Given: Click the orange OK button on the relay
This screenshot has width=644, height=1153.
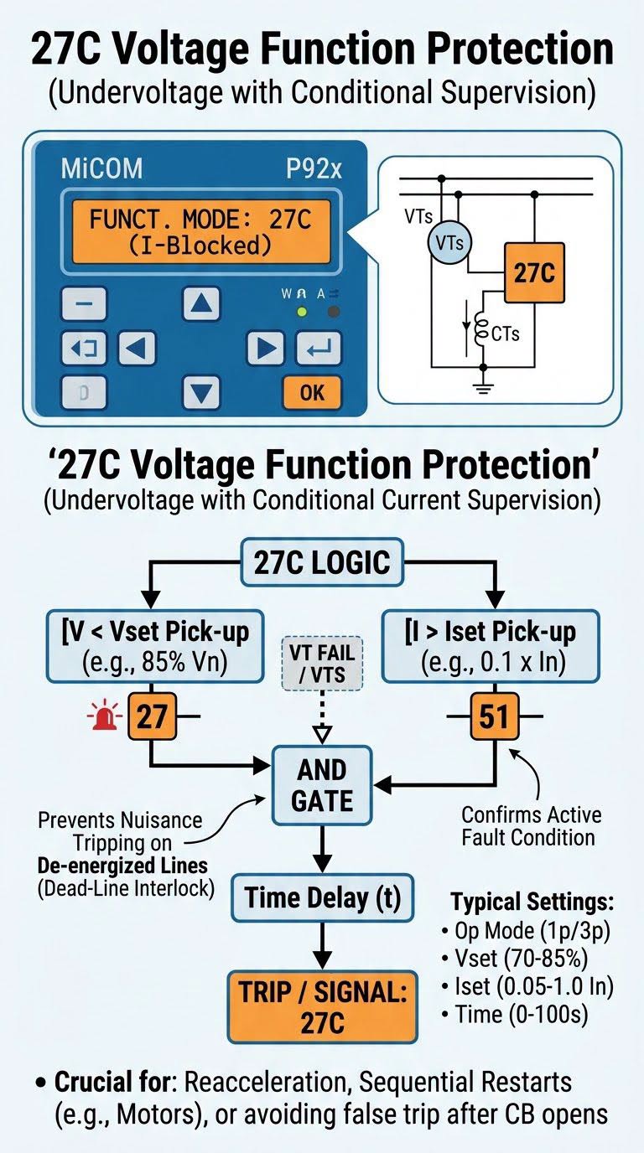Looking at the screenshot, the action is [x=312, y=393].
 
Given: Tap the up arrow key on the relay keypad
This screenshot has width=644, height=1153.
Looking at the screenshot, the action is [x=201, y=303].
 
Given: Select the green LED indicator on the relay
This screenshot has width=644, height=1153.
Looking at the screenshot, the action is [x=302, y=312].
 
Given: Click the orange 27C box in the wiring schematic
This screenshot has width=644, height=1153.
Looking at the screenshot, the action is [x=534, y=272].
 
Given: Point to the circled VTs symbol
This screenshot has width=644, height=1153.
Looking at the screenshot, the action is [x=449, y=242].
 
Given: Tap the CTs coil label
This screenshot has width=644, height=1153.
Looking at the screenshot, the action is [x=505, y=334].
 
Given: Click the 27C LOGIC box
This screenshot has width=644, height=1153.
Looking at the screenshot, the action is [x=322, y=562].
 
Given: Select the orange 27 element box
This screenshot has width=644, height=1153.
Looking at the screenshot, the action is [x=152, y=716].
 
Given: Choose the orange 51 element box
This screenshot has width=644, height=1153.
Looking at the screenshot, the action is [x=494, y=716].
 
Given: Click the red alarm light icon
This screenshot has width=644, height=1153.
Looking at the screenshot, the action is [x=105, y=715].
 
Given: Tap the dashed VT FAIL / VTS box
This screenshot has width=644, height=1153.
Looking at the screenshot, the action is [x=322, y=664].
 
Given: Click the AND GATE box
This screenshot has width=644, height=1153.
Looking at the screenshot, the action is [x=322, y=785].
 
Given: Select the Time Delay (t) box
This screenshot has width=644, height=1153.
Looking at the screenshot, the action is [x=323, y=897].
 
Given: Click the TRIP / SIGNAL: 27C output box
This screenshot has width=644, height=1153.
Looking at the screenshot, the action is [x=323, y=1007].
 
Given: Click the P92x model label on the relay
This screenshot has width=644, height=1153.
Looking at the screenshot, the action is [x=314, y=168].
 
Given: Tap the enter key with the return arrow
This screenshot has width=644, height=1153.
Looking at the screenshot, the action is [x=319, y=349].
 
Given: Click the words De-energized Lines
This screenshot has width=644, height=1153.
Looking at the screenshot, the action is [x=122, y=866].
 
